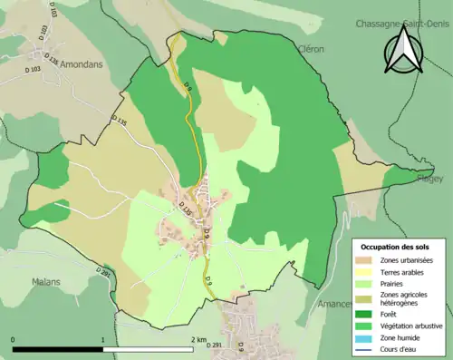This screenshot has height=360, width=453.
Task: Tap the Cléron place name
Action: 309,49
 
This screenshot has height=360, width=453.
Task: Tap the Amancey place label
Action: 336,305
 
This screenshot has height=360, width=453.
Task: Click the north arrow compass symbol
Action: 404,53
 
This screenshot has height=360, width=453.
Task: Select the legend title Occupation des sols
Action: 395,247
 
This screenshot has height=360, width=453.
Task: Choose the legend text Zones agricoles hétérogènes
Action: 404,299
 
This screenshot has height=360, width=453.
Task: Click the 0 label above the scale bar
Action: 13,340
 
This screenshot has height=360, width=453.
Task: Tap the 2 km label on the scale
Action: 198,340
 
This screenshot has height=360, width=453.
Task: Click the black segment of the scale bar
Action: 57,347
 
